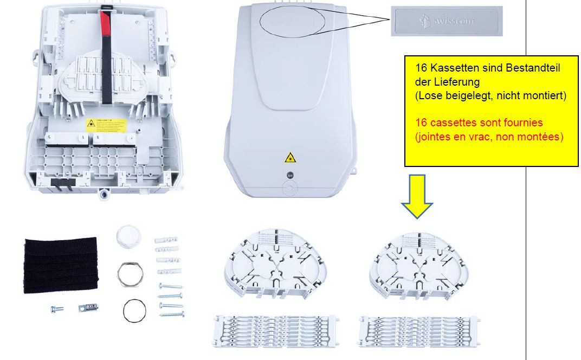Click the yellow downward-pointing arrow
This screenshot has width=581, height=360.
coord(417,195)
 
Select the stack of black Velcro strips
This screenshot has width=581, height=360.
coord(61,265)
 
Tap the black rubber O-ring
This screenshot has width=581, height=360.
coord(134,311)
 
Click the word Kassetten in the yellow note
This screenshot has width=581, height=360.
coord(449,69)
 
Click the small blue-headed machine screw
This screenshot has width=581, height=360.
coord(56,309)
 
